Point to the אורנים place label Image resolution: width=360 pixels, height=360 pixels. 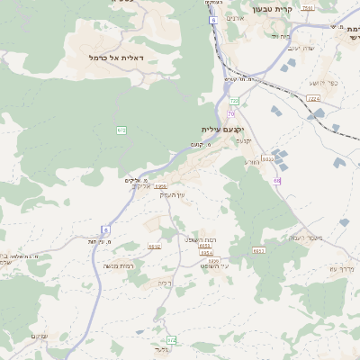tap(235, 18)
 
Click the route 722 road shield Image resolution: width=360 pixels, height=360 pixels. tap(235, 102)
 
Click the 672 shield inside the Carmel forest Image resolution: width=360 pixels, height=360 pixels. tap(121, 130)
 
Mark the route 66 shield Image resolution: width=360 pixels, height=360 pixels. tap(278, 181)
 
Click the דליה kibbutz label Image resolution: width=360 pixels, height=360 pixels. tap(165, 283)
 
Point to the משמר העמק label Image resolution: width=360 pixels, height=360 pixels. tap(292, 237)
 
